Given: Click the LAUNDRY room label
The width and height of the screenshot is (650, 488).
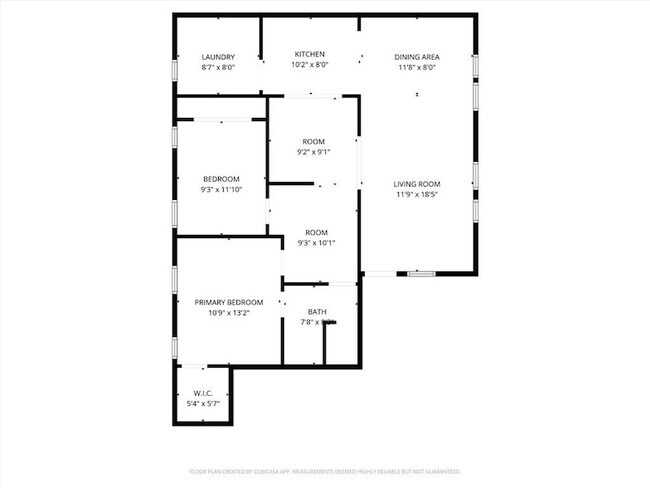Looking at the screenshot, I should (x=217, y=57).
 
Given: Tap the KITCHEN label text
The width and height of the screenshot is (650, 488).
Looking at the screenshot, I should (x=309, y=54).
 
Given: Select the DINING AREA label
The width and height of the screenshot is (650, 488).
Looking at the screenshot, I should (x=416, y=57).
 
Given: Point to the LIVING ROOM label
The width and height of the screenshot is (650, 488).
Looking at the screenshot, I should (x=416, y=184).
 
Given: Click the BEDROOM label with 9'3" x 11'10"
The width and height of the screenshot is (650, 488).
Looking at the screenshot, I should (x=221, y=179).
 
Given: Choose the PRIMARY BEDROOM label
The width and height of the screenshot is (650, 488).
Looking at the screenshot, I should (x=229, y=302).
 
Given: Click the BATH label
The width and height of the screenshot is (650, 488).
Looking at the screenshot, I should (x=317, y=312).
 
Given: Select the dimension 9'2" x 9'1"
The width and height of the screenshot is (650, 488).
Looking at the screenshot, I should (x=313, y=153).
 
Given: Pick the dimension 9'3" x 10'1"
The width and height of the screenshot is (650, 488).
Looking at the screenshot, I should (x=316, y=243).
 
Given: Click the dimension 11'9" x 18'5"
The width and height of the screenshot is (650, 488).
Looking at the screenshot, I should (x=416, y=195).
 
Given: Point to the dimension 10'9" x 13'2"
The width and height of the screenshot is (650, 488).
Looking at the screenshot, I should (x=229, y=313).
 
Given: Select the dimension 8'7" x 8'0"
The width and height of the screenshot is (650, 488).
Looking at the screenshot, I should (x=217, y=68).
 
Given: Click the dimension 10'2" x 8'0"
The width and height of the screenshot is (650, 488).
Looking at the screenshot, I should (x=309, y=65).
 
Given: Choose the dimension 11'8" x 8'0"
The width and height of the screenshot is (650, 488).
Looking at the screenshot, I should (x=416, y=68).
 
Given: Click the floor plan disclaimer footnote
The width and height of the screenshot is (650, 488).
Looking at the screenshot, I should (x=325, y=470).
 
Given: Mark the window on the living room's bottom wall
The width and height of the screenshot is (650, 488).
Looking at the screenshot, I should (x=420, y=273).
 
